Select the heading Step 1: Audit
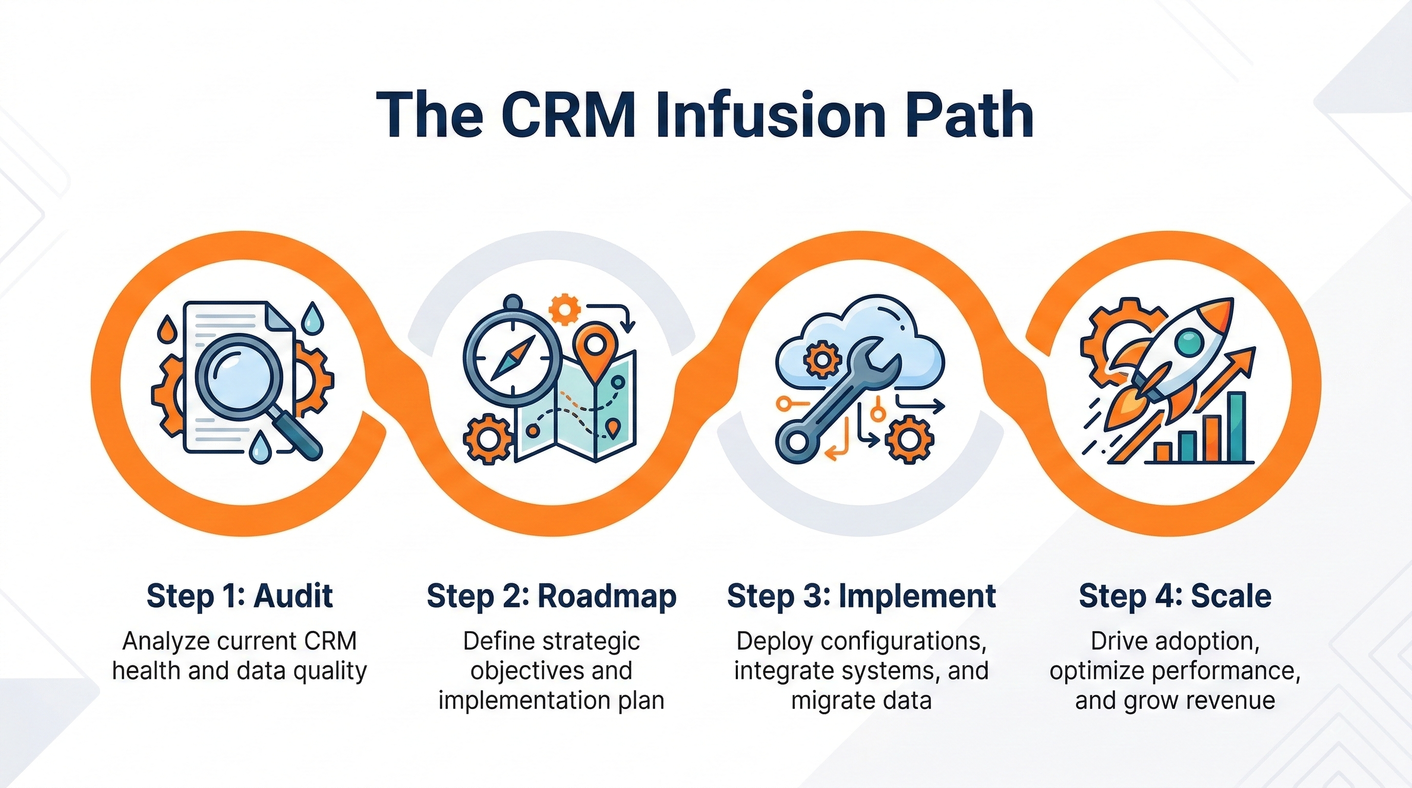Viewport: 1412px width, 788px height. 240,596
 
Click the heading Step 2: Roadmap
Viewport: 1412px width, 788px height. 552,596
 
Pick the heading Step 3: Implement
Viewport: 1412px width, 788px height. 861,596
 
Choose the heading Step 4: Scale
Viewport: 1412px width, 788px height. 1174,596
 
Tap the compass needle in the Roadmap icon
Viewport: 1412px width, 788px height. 513,359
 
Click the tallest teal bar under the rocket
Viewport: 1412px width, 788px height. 1237,427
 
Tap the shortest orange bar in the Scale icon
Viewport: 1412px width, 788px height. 1162,452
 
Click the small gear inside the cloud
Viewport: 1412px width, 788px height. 821,360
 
